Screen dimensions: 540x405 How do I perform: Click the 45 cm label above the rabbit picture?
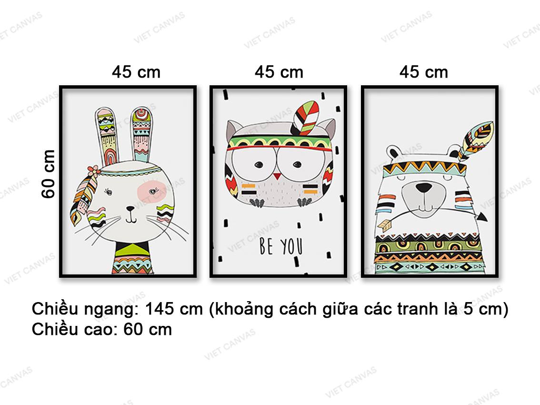[136, 72]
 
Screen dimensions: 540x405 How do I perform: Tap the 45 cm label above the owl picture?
[279, 72]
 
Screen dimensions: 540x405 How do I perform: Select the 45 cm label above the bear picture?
[424, 72]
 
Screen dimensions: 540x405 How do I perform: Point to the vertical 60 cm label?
[48, 174]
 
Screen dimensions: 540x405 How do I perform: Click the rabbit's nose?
[130, 209]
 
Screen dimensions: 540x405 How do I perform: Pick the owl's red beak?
[277, 177]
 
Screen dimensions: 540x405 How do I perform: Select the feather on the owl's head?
[305, 118]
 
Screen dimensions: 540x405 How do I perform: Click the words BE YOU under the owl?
[281, 246]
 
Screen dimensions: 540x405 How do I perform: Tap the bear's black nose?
[423, 188]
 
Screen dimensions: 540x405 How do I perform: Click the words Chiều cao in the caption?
[70, 329]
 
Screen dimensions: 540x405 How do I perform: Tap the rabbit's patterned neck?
[132, 258]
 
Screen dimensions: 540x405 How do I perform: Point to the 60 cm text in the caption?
[148, 329]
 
